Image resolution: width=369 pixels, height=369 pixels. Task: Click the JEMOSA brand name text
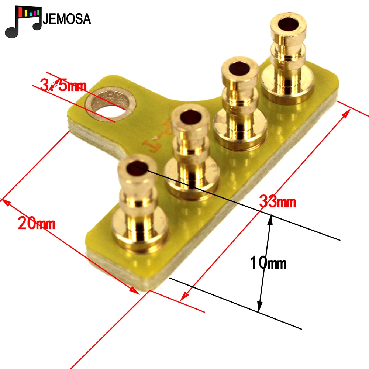(x=67, y=18)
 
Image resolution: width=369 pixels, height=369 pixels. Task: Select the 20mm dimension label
(x=36, y=223)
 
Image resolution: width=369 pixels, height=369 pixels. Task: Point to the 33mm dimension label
(x=277, y=202)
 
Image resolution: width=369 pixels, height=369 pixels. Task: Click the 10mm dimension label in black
(x=268, y=263)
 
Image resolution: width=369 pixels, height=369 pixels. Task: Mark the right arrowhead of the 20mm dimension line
(x=136, y=292)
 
